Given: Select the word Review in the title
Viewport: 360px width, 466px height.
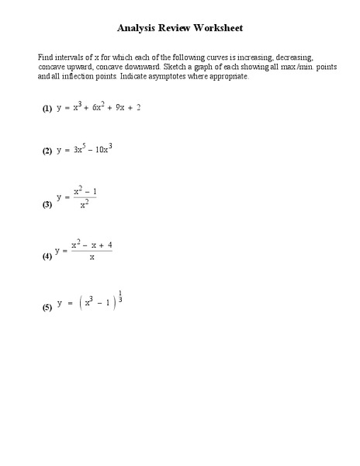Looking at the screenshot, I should click(x=176, y=28).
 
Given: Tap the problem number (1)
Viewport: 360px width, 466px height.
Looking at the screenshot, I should click(x=47, y=110).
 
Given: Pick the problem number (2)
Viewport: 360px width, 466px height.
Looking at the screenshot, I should click(x=47, y=151).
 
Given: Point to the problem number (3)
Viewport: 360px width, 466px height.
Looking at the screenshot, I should click(x=47, y=206).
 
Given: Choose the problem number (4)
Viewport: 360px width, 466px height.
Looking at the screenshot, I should click(x=47, y=256).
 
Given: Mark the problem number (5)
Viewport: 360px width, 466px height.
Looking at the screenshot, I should click(x=47, y=308).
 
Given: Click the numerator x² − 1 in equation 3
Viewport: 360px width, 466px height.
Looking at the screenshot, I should click(x=85, y=191).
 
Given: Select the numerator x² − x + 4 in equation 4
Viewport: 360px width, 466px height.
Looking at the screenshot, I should click(x=92, y=245).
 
